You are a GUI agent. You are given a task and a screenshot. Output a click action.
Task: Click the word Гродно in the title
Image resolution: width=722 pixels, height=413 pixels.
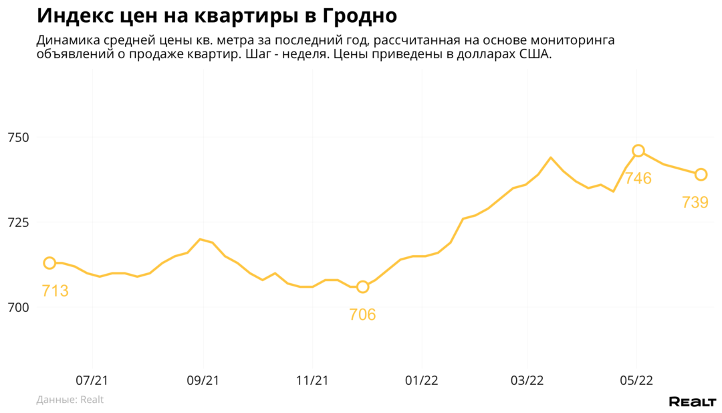(x=351, y=15)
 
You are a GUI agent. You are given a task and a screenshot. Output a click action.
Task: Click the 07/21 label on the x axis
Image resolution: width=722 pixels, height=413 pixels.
(x=92, y=380)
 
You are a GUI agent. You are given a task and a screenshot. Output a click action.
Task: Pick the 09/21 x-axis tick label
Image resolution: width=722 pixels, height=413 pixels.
(x=202, y=380)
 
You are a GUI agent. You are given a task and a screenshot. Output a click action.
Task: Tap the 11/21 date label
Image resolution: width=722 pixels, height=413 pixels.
(x=312, y=380)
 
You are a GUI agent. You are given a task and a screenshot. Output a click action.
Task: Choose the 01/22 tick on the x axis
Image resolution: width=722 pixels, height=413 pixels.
(x=420, y=380)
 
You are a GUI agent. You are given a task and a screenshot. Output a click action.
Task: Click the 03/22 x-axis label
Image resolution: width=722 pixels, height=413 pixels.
(x=527, y=380)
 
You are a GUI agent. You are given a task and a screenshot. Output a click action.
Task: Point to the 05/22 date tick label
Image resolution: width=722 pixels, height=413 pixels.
(x=636, y=380)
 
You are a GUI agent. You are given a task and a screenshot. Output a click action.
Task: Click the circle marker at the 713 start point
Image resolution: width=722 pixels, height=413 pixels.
(x=49, y=263)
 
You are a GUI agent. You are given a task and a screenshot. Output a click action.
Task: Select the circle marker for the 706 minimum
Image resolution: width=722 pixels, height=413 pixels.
(x=362, y=286)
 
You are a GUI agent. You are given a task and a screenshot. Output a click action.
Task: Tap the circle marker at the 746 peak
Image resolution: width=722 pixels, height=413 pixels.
(x=638, y=151)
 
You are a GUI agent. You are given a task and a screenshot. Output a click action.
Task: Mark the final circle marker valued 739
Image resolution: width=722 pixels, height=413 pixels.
(x=701, y=175)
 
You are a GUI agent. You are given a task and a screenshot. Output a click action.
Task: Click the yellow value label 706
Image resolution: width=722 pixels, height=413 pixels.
(x=362, y=315)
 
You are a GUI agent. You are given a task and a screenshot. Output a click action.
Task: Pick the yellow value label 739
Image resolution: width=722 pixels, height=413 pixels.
(x=695, y=202)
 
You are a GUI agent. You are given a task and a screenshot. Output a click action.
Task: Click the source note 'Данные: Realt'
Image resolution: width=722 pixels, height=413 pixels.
(x=70, y=400)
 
